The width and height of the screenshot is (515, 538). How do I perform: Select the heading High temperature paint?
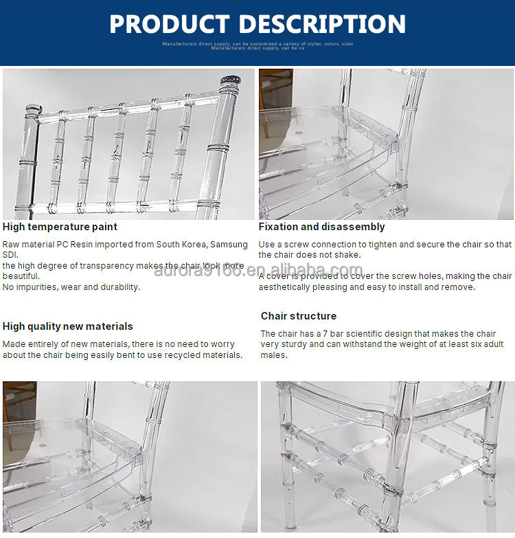point(60,227)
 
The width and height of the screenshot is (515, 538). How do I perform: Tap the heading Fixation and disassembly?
point(321,227)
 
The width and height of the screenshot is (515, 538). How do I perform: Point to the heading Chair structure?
point(299,316)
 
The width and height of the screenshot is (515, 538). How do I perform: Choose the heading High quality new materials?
point(68,326)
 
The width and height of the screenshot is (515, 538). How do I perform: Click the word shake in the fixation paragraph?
point(347,255)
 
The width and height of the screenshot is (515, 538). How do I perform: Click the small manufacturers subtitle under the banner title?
point(257,45)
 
